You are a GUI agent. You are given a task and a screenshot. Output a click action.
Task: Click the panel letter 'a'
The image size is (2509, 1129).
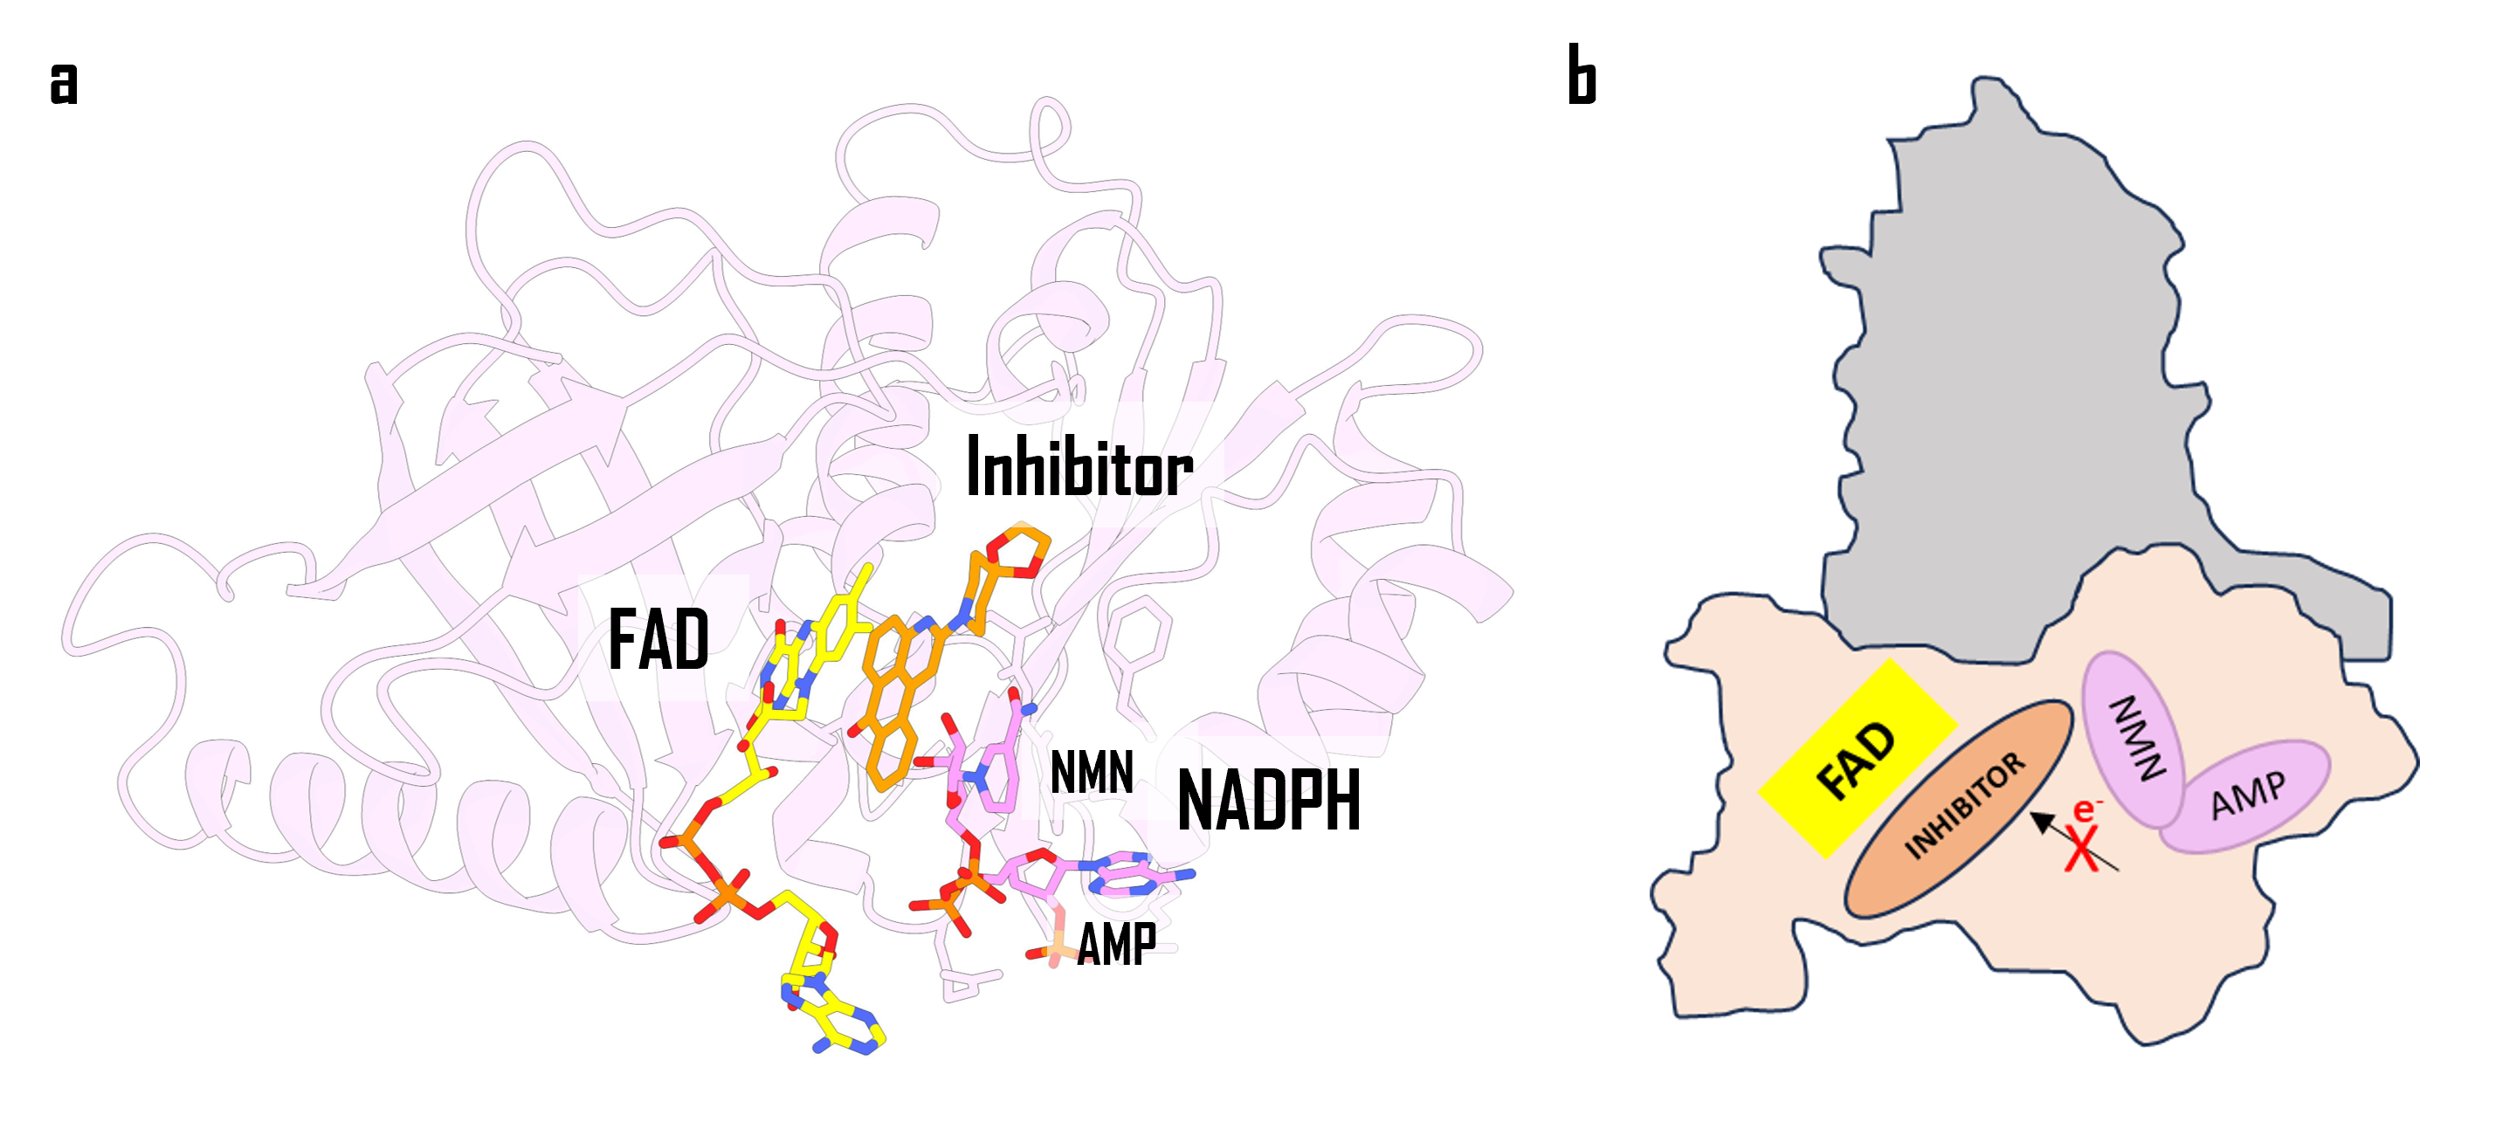click(x=63, y=84)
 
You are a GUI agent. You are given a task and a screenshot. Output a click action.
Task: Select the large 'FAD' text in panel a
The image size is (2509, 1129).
click(x=658, y=640)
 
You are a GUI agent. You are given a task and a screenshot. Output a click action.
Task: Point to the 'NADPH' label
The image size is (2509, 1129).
click(x=1267, y=801)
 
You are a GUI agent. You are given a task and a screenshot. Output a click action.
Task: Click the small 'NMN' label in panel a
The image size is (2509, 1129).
click(x=1092, y=774)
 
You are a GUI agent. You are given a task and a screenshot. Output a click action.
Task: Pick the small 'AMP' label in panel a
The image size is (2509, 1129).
click(x=1116, y=944)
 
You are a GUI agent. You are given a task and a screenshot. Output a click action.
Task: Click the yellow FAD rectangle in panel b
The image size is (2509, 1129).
click(x=1857, y=758)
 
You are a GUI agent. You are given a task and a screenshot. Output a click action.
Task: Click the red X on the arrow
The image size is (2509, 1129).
click(x=2083, y=850)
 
